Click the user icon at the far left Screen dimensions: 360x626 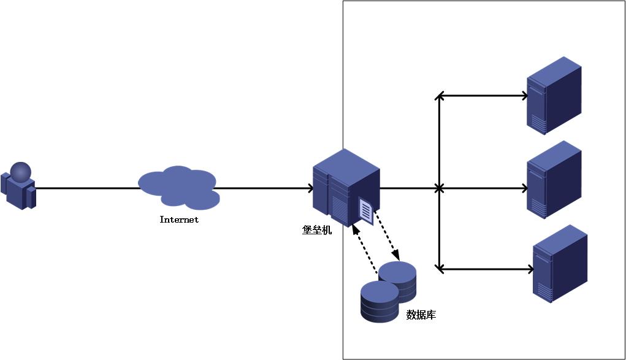click(x=18, y=187)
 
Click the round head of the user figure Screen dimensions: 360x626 click(x=20, y=172)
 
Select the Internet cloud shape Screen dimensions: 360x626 click(x=178, y=186)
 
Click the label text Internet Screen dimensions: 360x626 click(x=179, y=220)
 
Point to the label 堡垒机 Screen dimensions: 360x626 click(x=317, y=231)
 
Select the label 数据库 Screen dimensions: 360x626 click(x=421, y=315)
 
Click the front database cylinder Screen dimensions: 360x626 click(x=380, y=302)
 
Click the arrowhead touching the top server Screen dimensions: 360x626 click(x=524, y=96)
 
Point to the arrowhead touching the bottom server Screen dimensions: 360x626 click(x=530, y=269)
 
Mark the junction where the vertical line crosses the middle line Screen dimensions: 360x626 click(x=439, y=188)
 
